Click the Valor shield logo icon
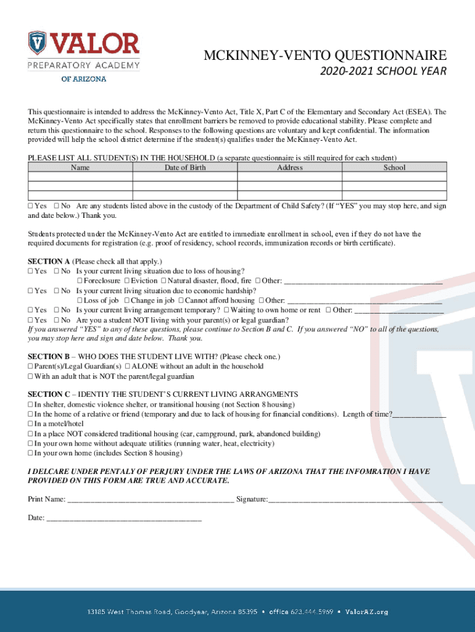[x=38, y=42]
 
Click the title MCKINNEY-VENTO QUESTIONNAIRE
[x=325, y=56]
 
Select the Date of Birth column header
[x=185, y=167]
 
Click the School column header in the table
[x=394, y=167]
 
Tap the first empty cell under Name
[x=80, y=177]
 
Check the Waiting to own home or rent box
[x=226, y=310]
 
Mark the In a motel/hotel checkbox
[x=30, y=424]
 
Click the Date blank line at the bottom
[x=123, y=518]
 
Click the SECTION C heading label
[x=49, y=394]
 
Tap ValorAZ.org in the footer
[x=366, y=612]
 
